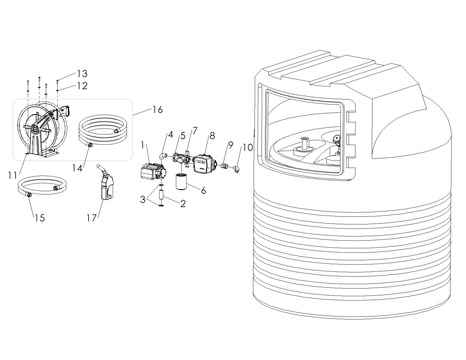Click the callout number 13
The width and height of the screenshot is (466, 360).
tap(82, 74)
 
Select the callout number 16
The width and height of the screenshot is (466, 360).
tap(158, 110)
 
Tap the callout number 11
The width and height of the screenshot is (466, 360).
tap(13, 176)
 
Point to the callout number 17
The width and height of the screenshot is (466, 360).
tap(91, 218)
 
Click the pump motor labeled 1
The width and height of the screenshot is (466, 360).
tap(152, 172)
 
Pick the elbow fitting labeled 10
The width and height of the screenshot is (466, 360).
tap(237, 169)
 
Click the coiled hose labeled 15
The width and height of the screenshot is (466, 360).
tap(43, 185)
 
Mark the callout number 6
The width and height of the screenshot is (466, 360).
tap(203, 190)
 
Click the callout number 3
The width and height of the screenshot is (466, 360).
tap(143, 200)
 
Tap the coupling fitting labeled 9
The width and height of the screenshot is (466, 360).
tap(224, 166)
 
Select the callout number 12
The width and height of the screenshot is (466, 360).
tap(82, 86)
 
